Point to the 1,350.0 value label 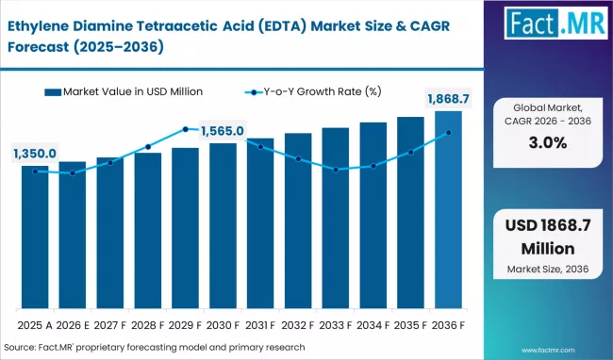tap(35, 154)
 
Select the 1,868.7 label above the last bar tap(448, 100)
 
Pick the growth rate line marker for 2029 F tap(186, 129)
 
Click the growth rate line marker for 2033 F tap(336, 170)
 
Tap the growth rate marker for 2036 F tap(448, 133)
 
